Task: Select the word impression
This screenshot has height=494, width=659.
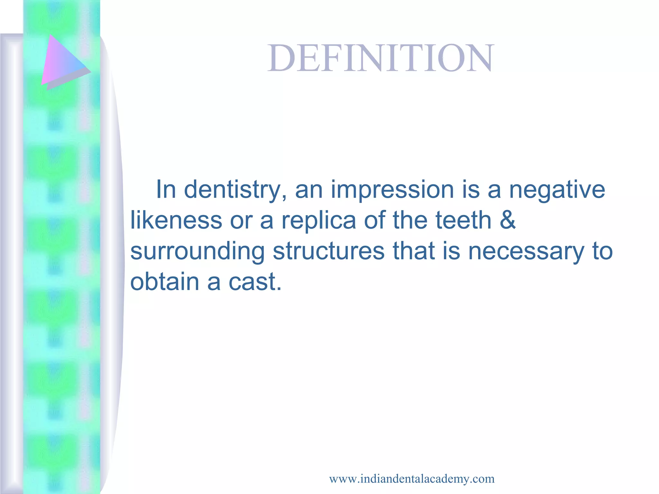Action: (x=392, y=190)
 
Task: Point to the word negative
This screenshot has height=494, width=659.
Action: (x=557, y=190)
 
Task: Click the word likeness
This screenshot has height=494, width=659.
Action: (x=176, y=220)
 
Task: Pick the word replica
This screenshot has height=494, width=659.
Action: (x=319, y=220)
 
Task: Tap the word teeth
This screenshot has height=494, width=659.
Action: (x=463, y=220)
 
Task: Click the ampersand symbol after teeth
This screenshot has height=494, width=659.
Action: (x=507, y=220)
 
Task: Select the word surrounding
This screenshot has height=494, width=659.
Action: (x=197, y=252)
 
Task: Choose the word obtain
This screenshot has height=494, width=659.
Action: (x=164, y=282)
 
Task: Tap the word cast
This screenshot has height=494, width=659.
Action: (x=255, y=282)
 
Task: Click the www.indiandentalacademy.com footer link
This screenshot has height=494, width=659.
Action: (x=412, y=479)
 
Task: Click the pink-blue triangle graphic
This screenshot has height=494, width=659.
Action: (x=63, y=63)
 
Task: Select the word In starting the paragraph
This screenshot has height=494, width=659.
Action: (x=166, y=190)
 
